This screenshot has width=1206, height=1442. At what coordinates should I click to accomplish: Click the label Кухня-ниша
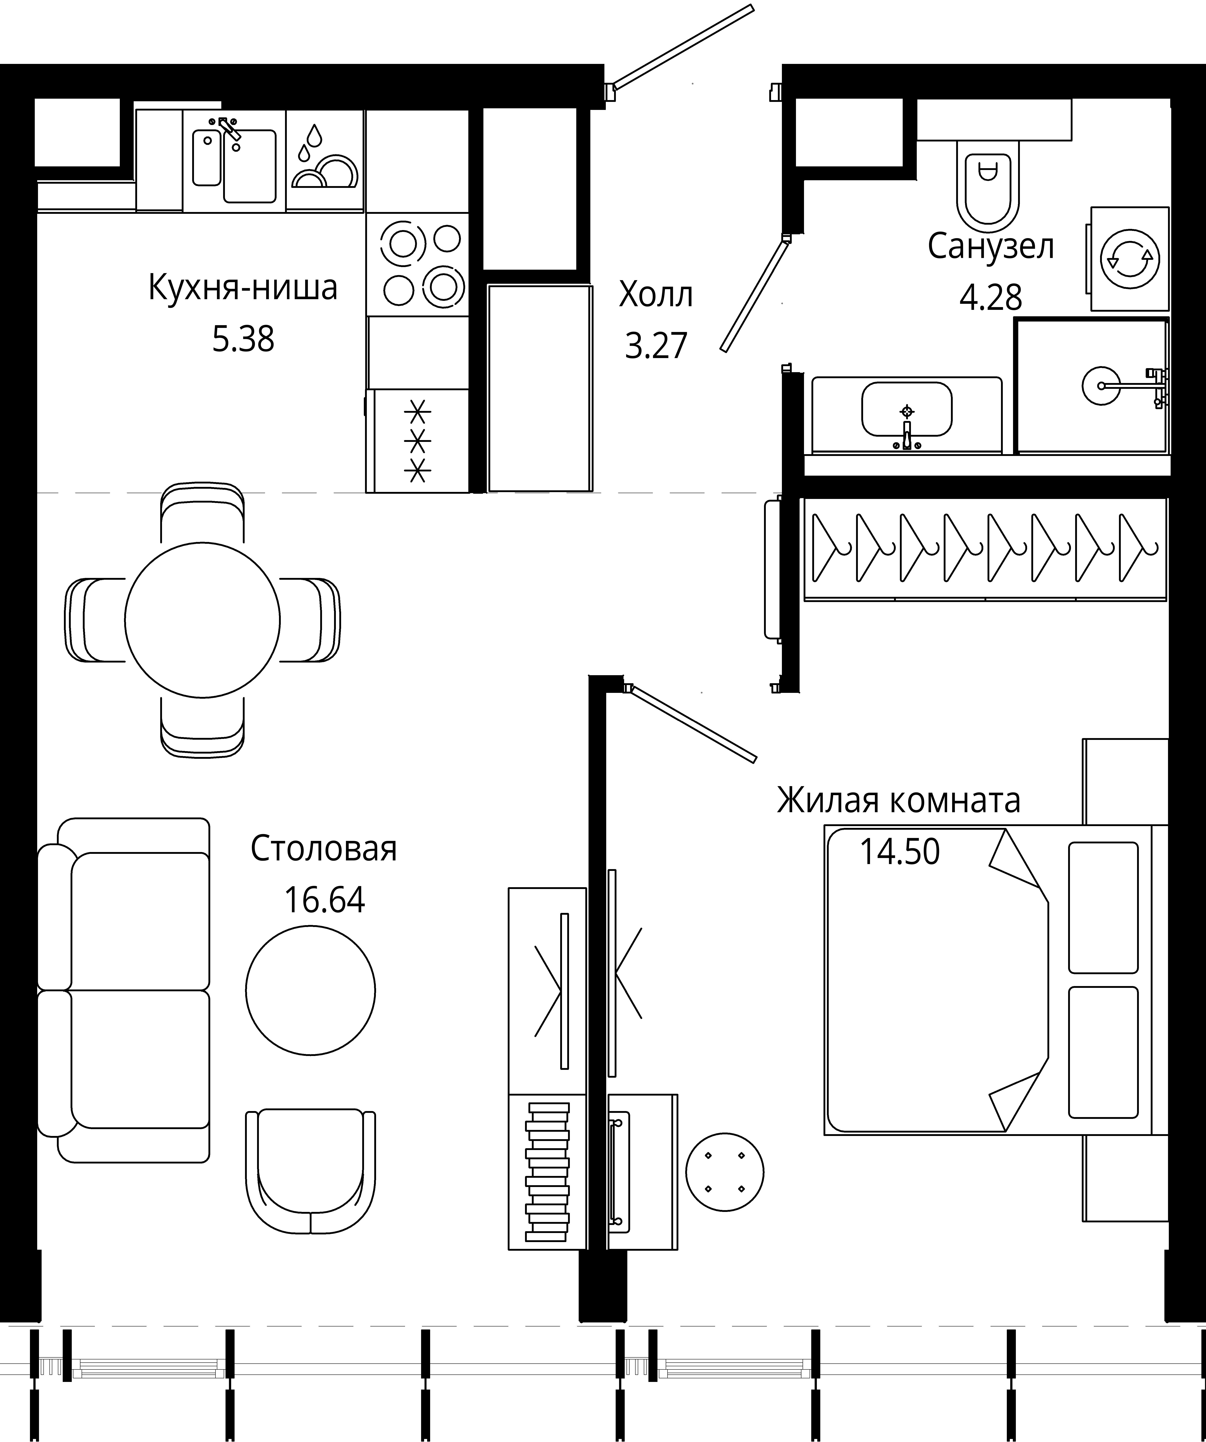(x=243, y=288)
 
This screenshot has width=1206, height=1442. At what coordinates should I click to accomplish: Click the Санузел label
(x=990, y=247)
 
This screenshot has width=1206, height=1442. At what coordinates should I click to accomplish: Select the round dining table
(x=203, y=620)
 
